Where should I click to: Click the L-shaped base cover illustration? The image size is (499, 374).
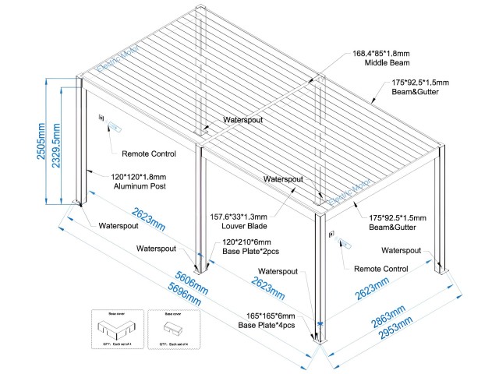pos(112,326)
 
